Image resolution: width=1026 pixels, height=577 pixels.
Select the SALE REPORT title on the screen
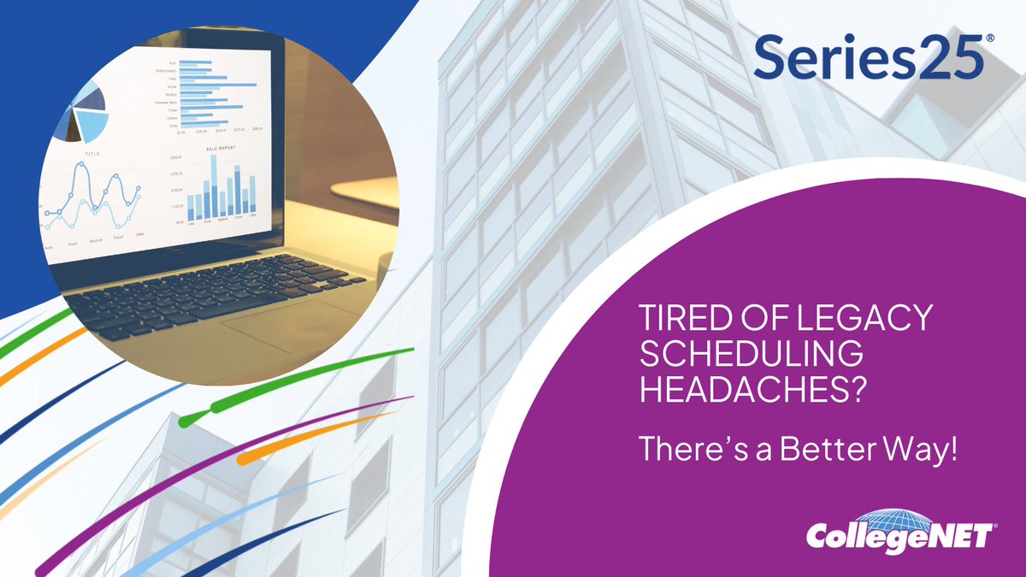(x=221, y=149)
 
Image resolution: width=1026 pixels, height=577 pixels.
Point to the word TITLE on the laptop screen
(x=92, y=154)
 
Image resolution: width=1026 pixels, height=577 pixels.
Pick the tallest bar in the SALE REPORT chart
(x=213, y=185)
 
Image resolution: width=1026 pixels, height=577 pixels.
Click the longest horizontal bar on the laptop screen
(x=218, y=85)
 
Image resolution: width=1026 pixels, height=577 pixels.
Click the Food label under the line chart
(x=73, y=244)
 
